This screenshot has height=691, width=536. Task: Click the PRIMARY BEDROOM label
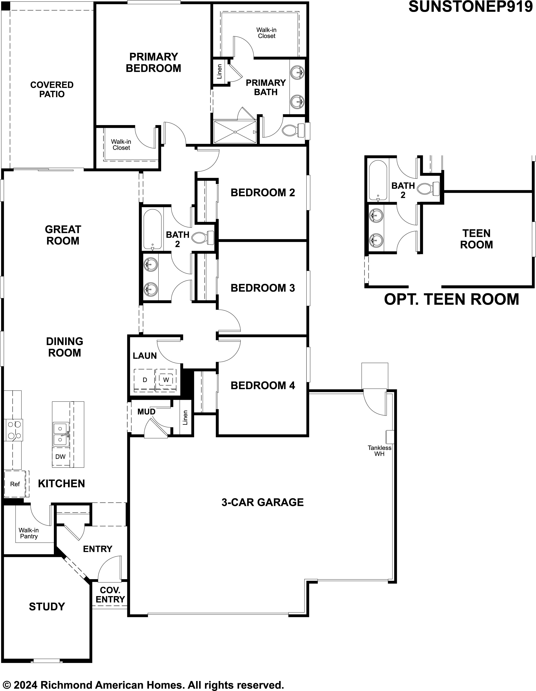(x=154, y=62)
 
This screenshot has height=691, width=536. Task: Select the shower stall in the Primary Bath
(x=235, y=132)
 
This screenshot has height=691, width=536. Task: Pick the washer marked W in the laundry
(x=166, y=380)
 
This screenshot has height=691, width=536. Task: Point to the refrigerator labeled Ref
(x=15, y=484)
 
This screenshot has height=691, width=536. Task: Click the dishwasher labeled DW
(x=60, y=456)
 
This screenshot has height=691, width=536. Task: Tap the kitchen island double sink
(x=61, y=435)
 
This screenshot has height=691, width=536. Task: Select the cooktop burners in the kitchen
(x=13, y=430)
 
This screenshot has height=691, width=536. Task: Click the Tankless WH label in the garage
(x=379, y=451)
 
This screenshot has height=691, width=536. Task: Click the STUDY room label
(x=47, y=607)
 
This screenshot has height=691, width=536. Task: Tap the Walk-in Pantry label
(x=28, y=533)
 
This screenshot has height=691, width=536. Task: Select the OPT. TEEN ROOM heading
(x=452, y=299)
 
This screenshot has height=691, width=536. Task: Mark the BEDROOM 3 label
(x=263, y=288)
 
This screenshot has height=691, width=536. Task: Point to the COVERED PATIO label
(x=52, y=89)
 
